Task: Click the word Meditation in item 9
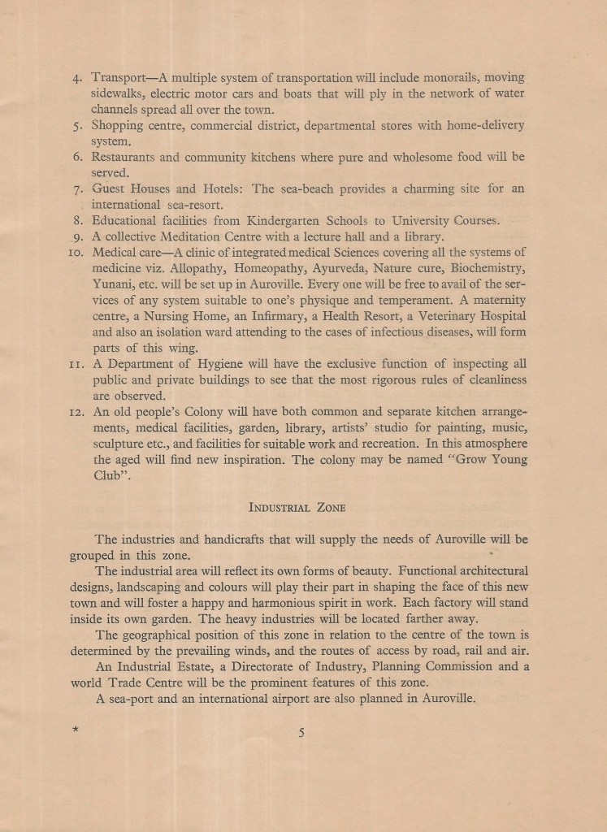click(x=200, y=236)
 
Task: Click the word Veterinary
click(x=436, y=316)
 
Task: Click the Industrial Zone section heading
click(x=297, y=508)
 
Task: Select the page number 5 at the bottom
click(x=301, y=732)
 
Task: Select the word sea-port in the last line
click(x=132, y=700)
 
